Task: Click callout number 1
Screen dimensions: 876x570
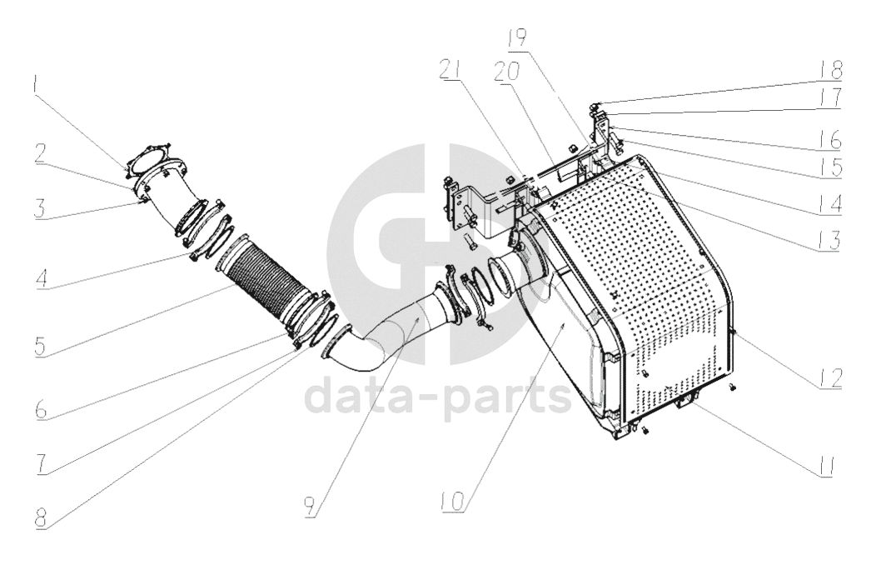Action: tap(36, 83)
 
